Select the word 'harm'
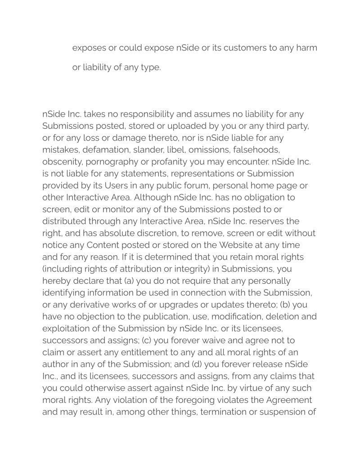(306, 48)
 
